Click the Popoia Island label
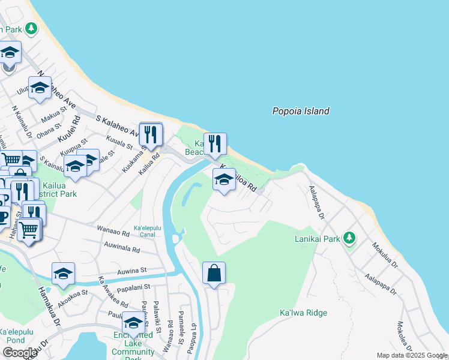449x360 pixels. point(301,111)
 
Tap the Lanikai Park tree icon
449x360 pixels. point(349,238)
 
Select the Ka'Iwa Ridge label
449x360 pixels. point(303,313)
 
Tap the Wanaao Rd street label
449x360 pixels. point(113,230)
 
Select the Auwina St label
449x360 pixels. point(133,271)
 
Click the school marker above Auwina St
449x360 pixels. point(63,273)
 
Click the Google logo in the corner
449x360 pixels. point(20,352)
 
